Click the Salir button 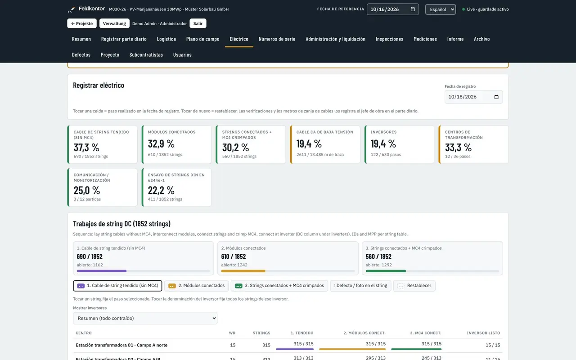pyautogui.click(x=198, y=23)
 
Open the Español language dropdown pyautogui.click(x=440, y=9)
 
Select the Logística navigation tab pyautogui.click(x=166, y=39)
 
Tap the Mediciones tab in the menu pyautogui.click(x=425, y=39)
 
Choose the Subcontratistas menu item pyautogui.click(x=146, y=55)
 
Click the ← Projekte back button pyautogui.click(x=82, y=23)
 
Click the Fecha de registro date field pyautogui.click(x=473, y=97)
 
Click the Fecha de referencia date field pyautogui.click(x=393, y=9)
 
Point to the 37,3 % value pyautogui.click(x=86, y=147)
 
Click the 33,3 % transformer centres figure pyautogui.click(x=458, y=147)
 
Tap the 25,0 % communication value pyautogui.click(x=87, y=190)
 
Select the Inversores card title pyautogui.click(x=384, y=132)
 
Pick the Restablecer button pyautogui.click(x=414, y=286)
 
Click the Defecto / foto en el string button pyautogui.click(x=360, y=286)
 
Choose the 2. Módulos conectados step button pyautogui.click(x=196, y=286)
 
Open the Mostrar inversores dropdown pyautogui.click(x=145, y=318)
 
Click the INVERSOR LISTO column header pyautogui.click(x=483, y=333)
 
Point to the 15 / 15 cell pyautogui.click(x=493, y=345)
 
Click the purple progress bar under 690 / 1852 pyautogui.click(x=102, y=271)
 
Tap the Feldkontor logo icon pyautogui.click(x=72, y=9)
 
